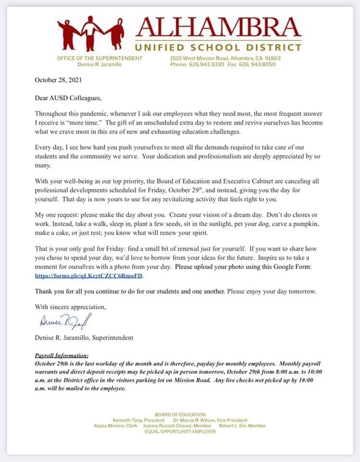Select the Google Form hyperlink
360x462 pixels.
(90, 277)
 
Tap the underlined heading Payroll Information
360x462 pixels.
(62, 355)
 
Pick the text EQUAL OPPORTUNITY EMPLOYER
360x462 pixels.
(180, 431)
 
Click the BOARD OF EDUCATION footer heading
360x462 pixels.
(180, 414)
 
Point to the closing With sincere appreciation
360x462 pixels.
(70, 306)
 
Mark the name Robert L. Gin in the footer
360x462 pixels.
(233, 425)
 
